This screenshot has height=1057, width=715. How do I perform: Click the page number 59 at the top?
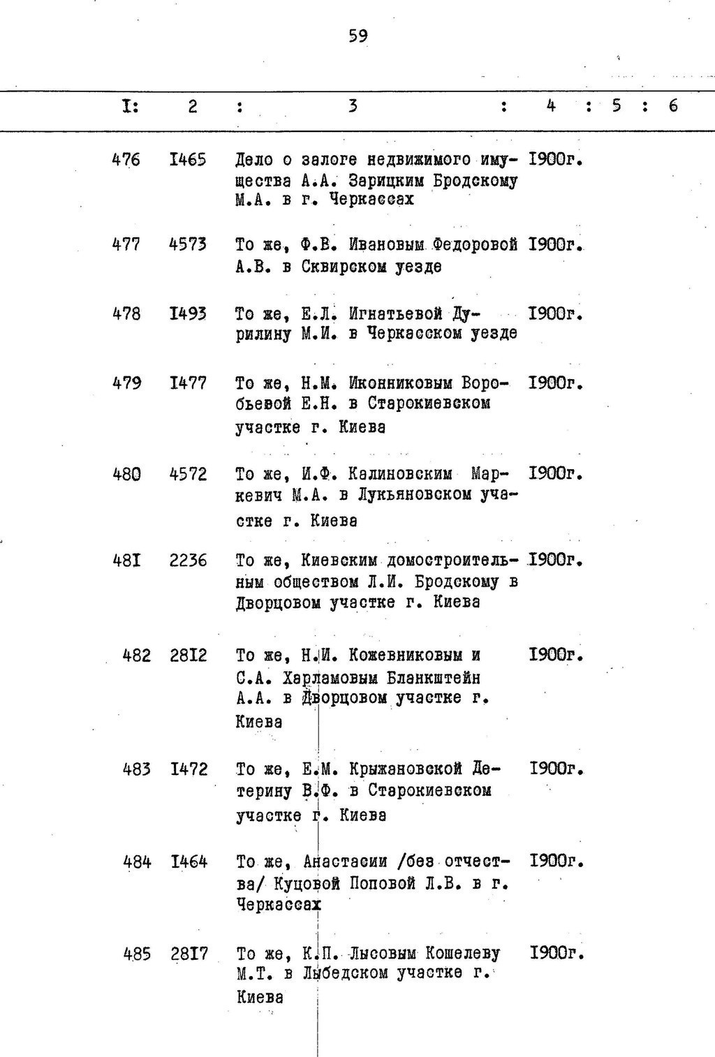point(357,36)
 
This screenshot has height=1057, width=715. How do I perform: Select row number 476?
point(126,160)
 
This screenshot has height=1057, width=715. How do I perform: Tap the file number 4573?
point(188,244)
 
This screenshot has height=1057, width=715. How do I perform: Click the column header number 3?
point(353,106)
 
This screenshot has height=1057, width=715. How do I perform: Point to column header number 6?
point(672,106)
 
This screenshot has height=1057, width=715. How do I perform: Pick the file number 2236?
point(188,561)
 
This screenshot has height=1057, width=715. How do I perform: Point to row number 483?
point(136,769)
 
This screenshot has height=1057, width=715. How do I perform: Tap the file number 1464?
point(189,862)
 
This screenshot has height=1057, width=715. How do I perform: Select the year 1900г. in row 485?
point(556,953)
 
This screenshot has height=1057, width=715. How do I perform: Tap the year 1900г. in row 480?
point(556,474)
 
